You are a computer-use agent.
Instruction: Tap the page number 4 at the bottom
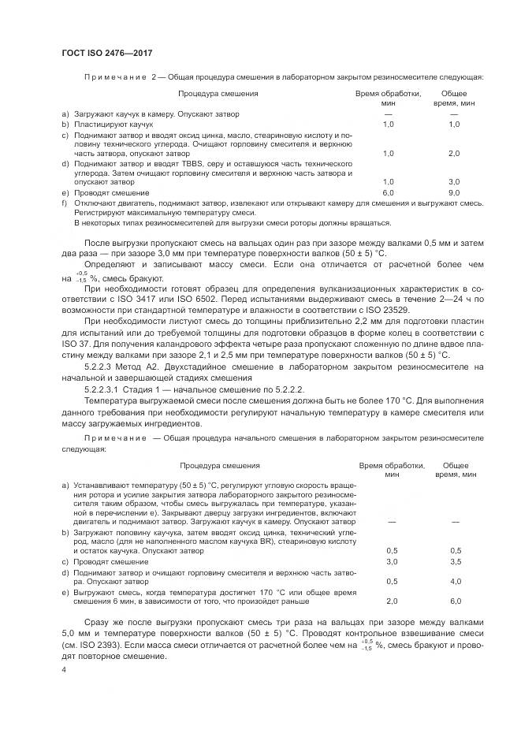[x=64, y=668]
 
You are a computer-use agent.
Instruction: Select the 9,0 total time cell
[x=453, y=192]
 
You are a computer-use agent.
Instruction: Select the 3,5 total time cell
[x=455, y=561]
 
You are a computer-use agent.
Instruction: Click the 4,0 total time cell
[x=455, y=581]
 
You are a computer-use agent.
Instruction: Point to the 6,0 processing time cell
[x=388, y=192]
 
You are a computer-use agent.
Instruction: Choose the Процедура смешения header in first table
[x=218, y=93]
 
